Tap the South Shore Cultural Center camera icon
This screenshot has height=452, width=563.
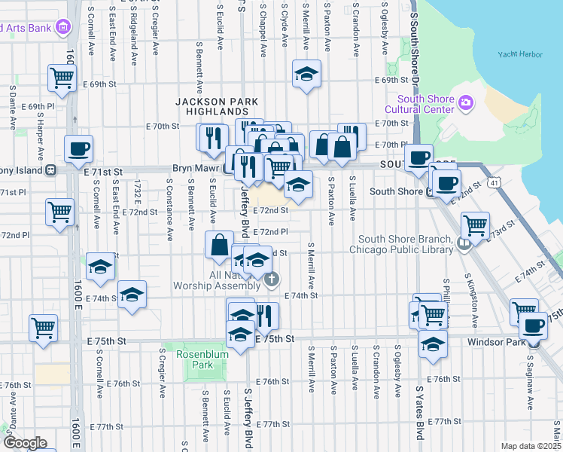pyautogui.click(x=466, y=102)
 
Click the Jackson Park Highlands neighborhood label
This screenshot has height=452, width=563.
pyautogui.click(x=217, y=106)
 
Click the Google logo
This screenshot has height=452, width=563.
pyautogui.click(x=24, y=443)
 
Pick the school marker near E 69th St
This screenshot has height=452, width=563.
pyautogui.click(x=306, y=75)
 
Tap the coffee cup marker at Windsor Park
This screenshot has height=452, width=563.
pyautogui.click(x=534, y=326)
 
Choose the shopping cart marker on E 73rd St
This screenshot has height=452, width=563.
pyautogui.click(x=475, y=224)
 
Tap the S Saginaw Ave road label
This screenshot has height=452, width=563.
pyautogui.click(x=530, y=389)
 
